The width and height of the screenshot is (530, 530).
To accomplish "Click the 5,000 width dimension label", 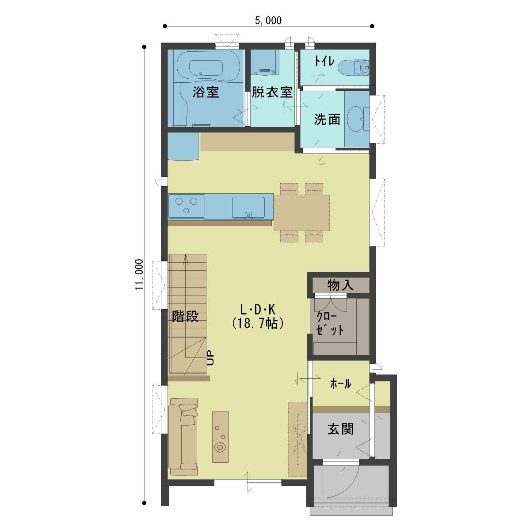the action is point(268,21).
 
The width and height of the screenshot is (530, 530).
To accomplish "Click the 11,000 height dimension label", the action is point(139,274).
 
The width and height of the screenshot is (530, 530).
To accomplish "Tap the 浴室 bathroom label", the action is point(206,92).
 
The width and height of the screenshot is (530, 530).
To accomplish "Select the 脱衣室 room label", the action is point(272,92).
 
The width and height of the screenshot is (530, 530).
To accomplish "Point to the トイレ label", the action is point(324,61).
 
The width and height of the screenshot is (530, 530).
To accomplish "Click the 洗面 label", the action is point(327,119).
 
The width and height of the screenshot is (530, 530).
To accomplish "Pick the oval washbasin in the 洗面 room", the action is point(355,119).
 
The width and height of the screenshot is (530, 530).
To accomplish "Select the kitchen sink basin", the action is point(248,207).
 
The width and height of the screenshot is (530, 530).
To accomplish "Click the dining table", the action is point(301,212).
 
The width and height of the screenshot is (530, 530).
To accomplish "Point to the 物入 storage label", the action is point(340,285).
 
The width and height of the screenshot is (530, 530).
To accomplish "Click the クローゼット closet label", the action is point(330,323).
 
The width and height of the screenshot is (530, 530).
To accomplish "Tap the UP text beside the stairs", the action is point(210,358).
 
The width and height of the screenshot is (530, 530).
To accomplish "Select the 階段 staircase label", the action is point(185,316).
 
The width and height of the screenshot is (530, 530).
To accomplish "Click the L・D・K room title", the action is point(258,309).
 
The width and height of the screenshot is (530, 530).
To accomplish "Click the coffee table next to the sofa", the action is point(220,436).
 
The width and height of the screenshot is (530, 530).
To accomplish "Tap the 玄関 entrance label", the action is point(340,429).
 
